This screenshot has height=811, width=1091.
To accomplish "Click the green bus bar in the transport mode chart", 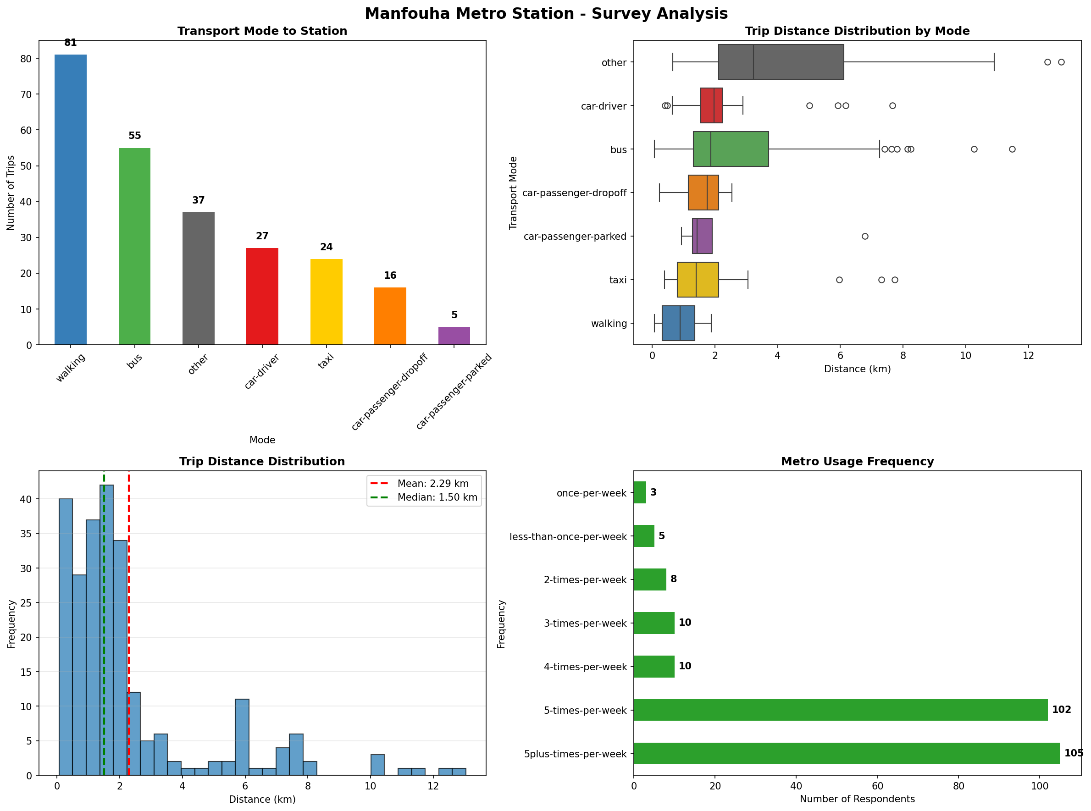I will [134, 246].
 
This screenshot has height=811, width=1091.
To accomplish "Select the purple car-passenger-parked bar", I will [454, 336].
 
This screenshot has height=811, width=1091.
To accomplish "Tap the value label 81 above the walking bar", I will [71, 43].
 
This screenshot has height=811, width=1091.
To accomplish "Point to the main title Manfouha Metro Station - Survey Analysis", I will [546, 13].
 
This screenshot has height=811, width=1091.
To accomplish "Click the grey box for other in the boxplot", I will [781, 62].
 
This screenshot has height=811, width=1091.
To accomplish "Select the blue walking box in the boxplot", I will [678, 323].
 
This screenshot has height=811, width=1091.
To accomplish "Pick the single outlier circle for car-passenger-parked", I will [865, 236].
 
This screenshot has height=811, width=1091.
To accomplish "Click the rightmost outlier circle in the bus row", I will [1012, 149].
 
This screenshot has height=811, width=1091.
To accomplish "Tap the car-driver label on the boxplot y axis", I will [604, 106].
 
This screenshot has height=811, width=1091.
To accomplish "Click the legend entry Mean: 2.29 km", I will [432, 484].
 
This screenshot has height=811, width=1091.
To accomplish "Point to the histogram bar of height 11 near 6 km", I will [242, 736].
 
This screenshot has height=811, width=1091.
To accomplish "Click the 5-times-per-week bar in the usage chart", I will [840, 710].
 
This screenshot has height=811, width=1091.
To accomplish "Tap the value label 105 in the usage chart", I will [1074, 753].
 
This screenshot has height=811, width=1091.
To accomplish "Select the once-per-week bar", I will [640, 492].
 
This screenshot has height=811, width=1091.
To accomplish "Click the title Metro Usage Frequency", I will [857, 462].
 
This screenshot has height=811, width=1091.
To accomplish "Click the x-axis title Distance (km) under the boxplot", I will [857, 369].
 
